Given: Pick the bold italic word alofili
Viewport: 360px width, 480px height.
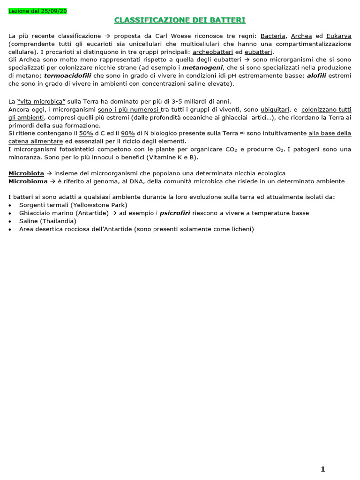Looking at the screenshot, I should [x=317, y=75].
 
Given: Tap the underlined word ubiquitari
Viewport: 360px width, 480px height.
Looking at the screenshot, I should [x=275, y=109].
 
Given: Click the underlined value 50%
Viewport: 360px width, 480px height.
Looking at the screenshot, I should [x=86, y=133].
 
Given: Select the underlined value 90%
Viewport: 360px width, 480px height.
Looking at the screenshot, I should [x=128, y=133].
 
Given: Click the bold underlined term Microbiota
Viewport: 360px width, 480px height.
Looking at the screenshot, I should [x=26, y=173].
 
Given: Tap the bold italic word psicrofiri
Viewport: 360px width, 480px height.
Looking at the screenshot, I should [x=175, y=213].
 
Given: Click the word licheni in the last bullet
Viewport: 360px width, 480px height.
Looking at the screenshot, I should [x=240, y=229].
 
